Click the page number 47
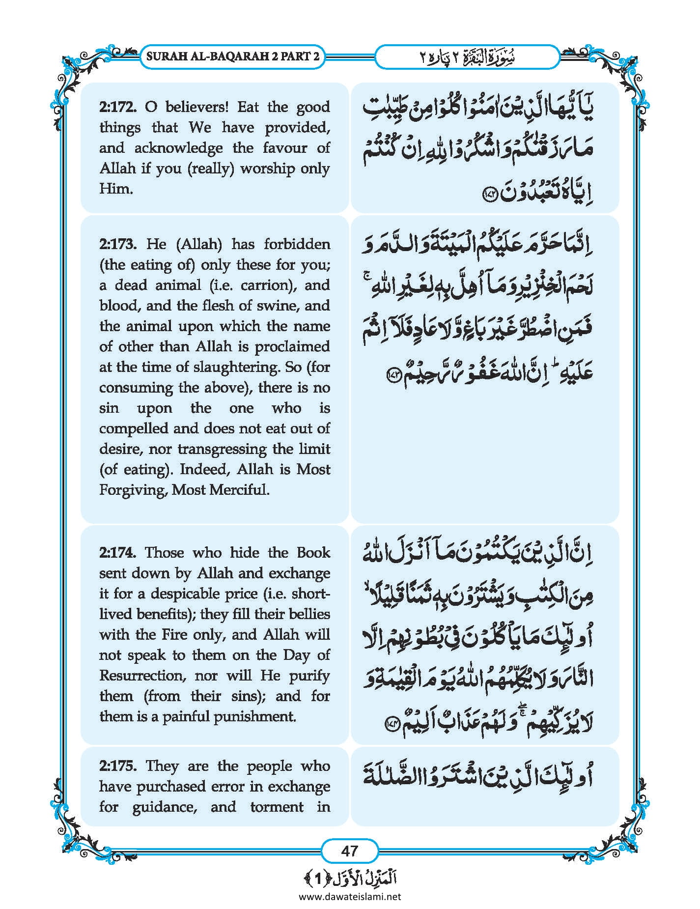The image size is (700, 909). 349,851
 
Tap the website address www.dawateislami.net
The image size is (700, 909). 350,897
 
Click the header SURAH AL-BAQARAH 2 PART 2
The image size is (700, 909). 233,57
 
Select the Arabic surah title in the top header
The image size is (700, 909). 467,57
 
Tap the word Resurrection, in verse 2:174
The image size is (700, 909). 142,676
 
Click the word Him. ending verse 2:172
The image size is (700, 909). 116,189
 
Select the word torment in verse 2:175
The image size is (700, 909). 277,807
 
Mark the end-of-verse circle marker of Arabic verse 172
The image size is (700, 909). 491,195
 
